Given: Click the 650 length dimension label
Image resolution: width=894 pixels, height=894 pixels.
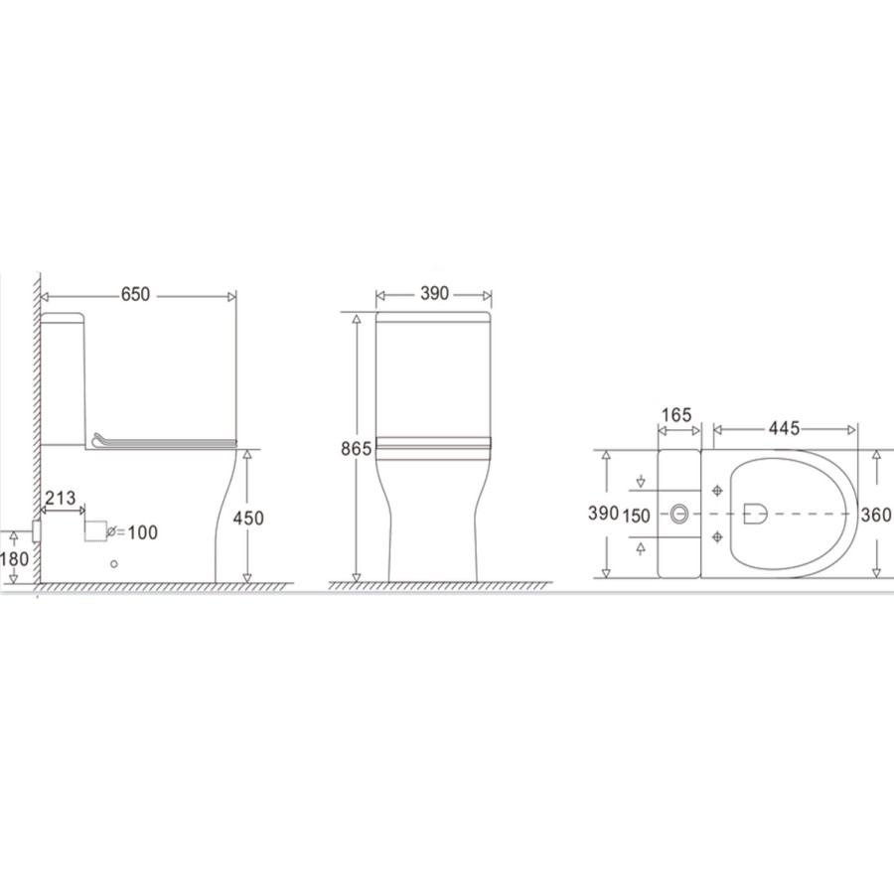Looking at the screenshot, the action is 135,294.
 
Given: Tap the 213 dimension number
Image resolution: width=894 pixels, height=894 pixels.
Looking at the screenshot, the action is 60,498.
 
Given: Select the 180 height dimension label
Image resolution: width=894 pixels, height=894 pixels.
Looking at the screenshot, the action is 14,558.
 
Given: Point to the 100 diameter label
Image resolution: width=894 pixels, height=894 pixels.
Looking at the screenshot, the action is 142,532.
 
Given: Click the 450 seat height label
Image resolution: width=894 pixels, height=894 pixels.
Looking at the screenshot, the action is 248,518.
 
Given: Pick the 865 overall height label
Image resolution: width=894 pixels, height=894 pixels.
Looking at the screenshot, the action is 357,449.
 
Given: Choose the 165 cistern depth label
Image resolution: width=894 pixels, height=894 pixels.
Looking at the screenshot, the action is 676,415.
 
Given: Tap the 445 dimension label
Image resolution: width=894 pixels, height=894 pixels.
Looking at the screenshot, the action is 784,428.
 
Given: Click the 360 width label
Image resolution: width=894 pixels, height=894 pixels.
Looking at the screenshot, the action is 876,515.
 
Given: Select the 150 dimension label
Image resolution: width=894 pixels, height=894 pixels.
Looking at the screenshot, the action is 637,516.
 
